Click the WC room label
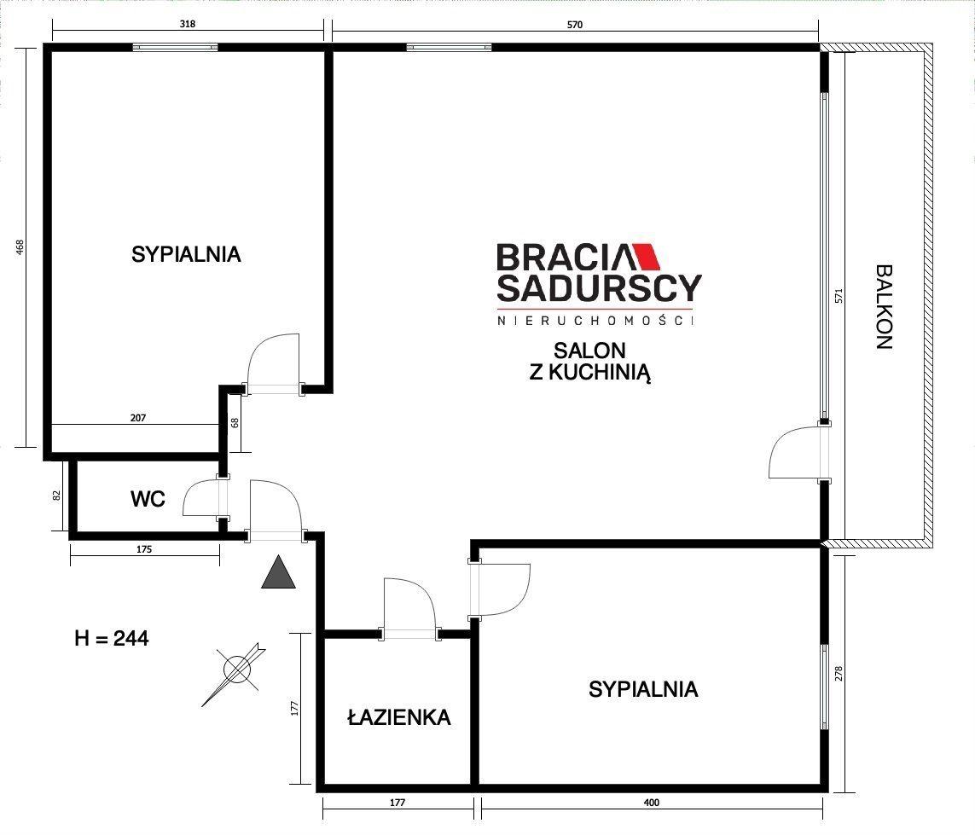148,499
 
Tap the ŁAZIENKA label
399,717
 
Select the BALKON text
884,307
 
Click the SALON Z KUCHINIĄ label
589,362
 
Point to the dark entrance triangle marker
279,572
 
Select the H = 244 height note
111,639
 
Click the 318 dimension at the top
187,24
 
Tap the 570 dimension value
575,25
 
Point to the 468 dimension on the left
20,246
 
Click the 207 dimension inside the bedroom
138,418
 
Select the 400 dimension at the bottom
651,803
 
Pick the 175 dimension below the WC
143,549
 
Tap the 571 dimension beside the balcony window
839,295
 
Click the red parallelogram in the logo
647,256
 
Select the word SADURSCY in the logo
600,288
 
